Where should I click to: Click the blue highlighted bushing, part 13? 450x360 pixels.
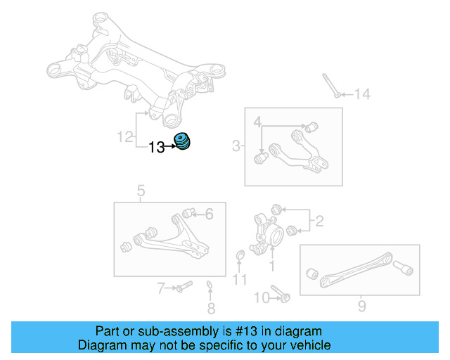[182, 141]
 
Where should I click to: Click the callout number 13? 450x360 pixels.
[156, 147]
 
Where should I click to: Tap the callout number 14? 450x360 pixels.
[361, 94]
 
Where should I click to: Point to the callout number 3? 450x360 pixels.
[236, 146]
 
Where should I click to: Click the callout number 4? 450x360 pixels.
[259, 123]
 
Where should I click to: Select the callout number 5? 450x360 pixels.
[141, 191]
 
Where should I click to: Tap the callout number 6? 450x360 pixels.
[208, 215]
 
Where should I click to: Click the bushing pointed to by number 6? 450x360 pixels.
[188, 212]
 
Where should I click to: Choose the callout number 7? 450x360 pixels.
[161, 288]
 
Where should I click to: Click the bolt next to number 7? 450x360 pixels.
[181, 287]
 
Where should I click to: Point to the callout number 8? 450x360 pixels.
[211, 308]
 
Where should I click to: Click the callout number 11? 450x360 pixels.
[240, 280]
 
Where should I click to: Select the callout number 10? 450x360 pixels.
[261, 297]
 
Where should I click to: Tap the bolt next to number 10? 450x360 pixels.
[281, 296]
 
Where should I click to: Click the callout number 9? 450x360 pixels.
[361, 306]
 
